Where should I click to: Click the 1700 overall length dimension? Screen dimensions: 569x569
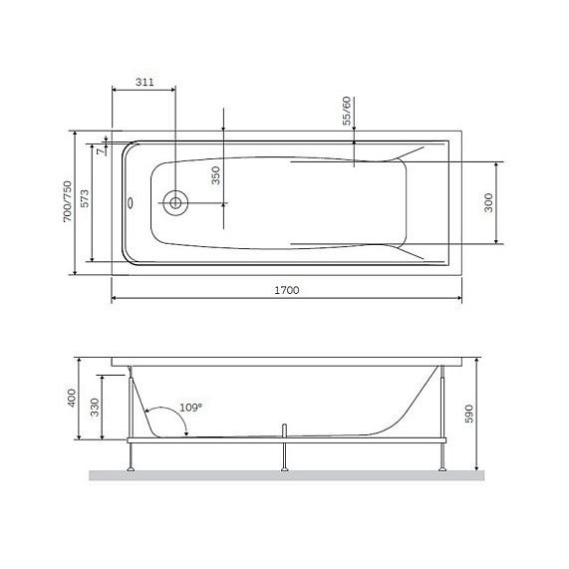[286, 290]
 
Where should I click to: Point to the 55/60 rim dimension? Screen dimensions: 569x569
[347, 111]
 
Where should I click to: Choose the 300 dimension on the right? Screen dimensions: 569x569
[489, 202]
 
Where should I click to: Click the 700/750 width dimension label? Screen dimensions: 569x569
[67, 202]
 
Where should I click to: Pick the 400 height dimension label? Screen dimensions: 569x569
[71, 399]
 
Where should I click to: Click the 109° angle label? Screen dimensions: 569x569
[189, 407]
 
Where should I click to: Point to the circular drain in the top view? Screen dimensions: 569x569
[175, 202]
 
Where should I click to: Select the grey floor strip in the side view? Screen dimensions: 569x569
[286, 475]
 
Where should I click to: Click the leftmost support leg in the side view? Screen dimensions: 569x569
[131, 453]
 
